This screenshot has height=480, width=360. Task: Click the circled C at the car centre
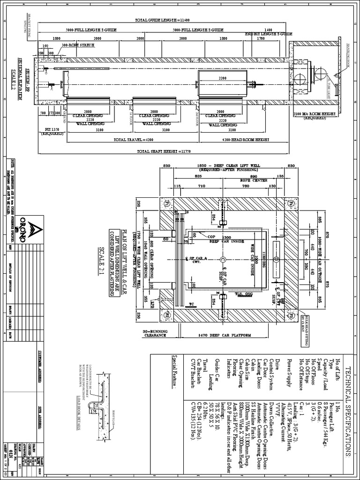click(222, 259)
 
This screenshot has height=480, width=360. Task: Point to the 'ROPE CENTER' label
click(253, 180)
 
